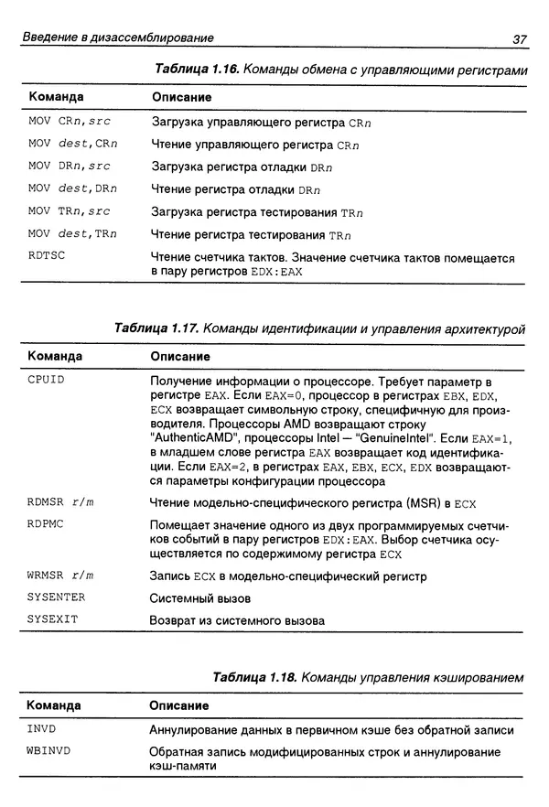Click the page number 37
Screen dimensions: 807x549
(518, 38)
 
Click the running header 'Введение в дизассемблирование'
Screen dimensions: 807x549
(118, 38)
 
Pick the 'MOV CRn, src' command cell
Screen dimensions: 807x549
(69, 121)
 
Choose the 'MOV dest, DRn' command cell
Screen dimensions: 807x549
(72, 188)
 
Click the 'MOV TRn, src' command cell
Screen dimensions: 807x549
(69, 211)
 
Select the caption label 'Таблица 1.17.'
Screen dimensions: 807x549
(157, 328)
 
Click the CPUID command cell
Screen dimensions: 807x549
(47, 379)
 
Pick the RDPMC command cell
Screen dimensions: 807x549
(47, 525)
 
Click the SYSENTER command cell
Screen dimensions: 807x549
(56, 597)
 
